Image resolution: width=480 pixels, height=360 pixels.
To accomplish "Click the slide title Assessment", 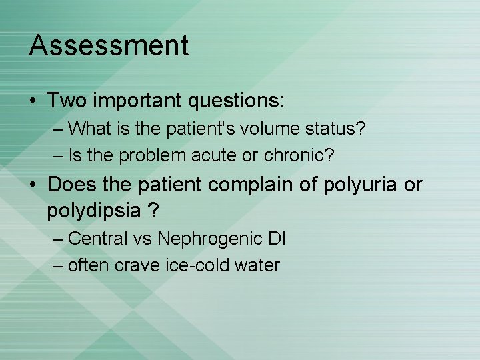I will (109, 46).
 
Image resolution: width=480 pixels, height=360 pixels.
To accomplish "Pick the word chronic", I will (298, 156).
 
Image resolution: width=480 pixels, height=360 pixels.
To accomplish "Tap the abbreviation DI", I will (276, 238).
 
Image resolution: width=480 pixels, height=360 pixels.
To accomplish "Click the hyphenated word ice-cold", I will (196, 265).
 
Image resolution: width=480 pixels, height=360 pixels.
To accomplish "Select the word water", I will (257, 265).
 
